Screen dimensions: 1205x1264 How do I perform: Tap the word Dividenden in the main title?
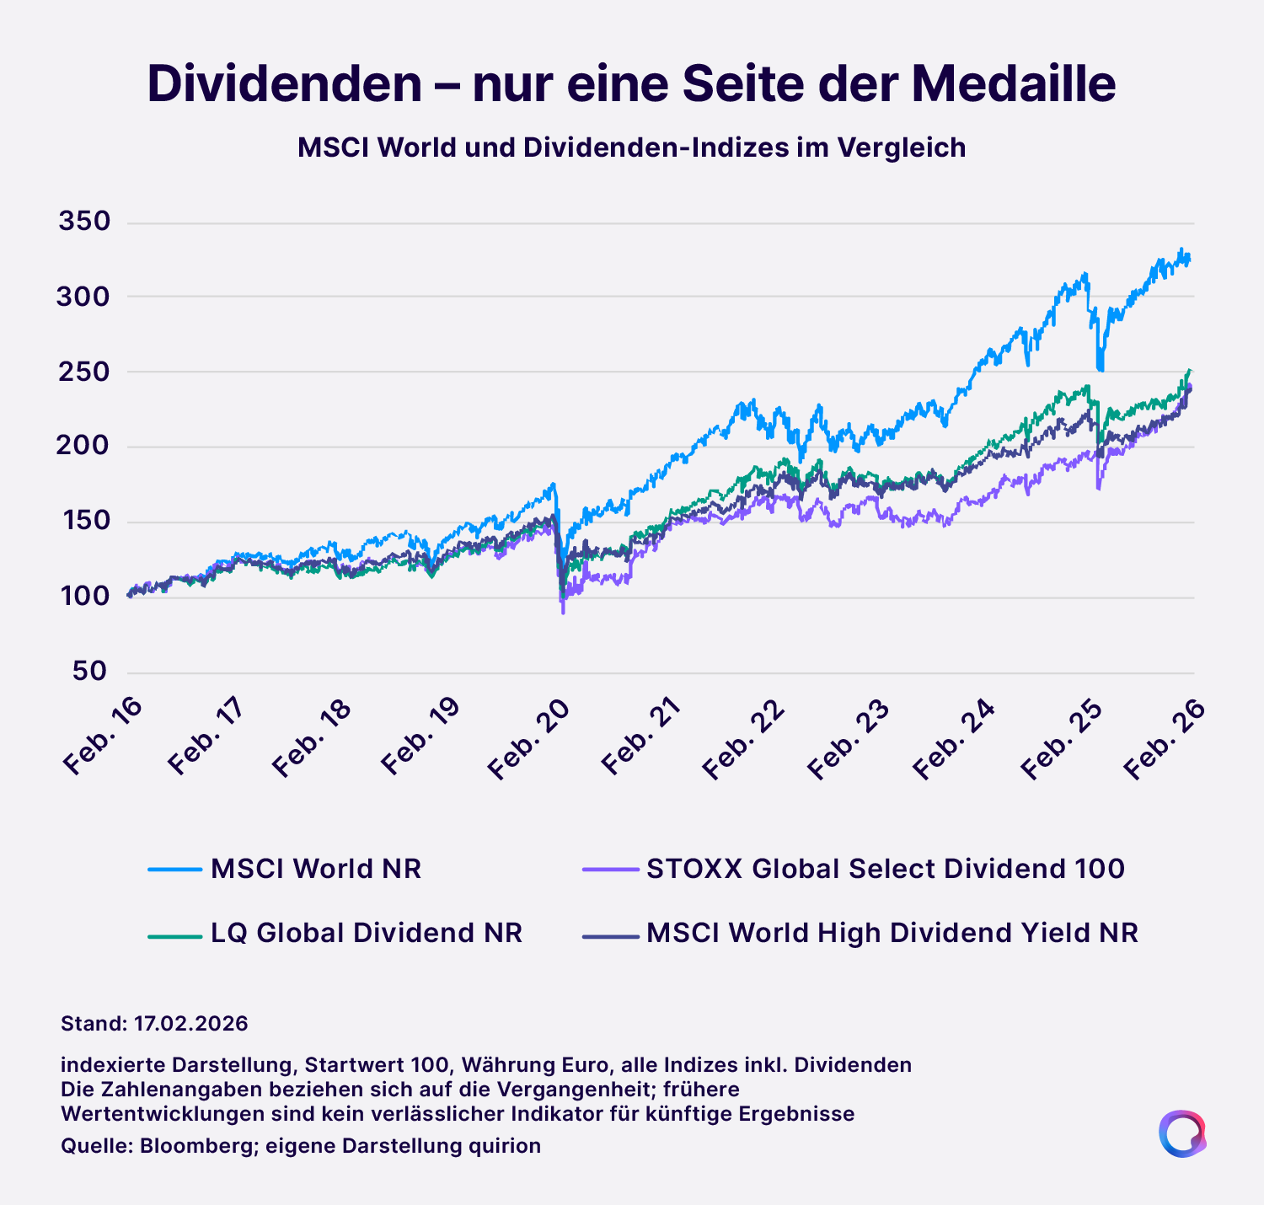(284, 84)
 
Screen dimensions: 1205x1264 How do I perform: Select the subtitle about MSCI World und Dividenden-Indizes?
(631, 148)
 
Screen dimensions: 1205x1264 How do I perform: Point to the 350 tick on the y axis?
(84, 222)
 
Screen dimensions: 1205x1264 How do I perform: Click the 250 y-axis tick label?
(84, 372)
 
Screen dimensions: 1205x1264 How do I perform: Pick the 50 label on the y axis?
(89, 672)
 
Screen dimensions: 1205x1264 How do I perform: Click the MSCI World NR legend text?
(316, 869)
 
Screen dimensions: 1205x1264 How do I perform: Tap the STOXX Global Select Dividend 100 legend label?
(886, 869)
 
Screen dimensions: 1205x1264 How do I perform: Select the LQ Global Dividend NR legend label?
(367, 934)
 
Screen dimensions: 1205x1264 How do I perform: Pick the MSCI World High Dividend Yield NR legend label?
(892, 934)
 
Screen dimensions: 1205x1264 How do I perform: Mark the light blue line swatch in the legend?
(174, 870)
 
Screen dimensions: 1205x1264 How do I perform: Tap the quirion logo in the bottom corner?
(1181, 1133)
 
